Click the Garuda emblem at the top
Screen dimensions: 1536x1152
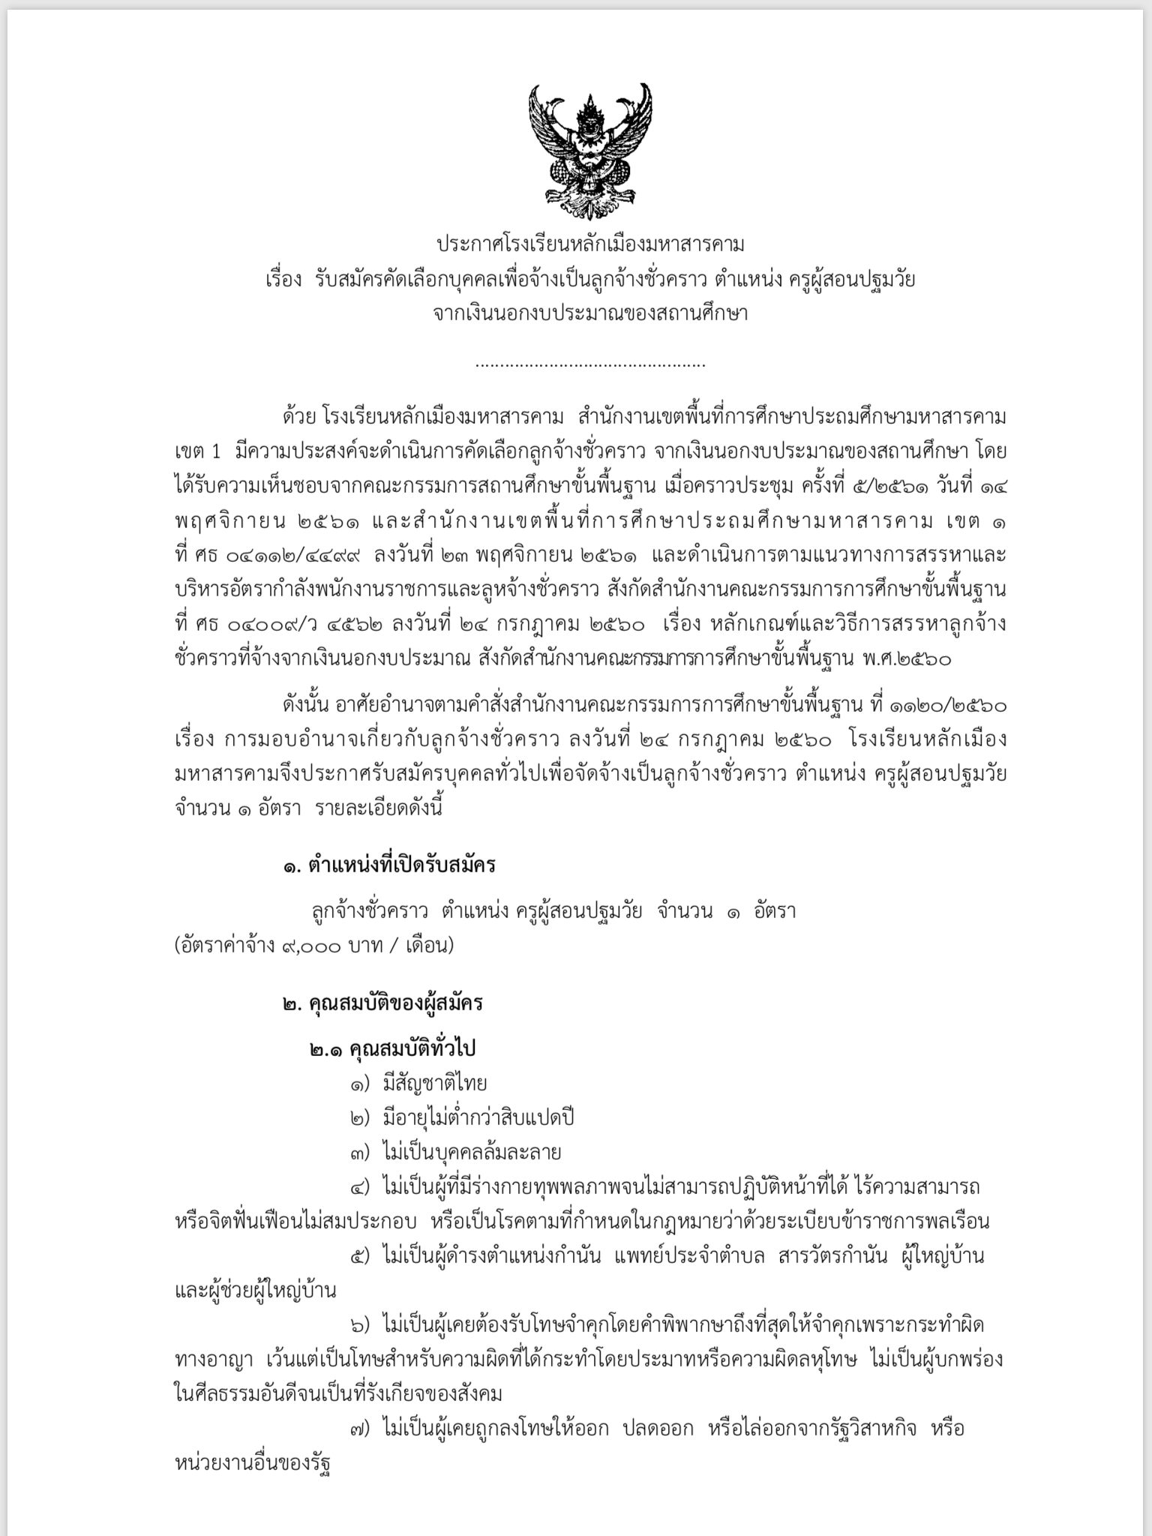[590, 147]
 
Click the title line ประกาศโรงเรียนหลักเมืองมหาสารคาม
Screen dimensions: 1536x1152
[590, 244]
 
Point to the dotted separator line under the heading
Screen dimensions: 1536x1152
[590, 365]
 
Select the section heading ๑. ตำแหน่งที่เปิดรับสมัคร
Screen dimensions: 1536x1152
[389, 865]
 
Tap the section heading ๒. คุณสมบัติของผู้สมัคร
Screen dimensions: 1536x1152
[382, 1003]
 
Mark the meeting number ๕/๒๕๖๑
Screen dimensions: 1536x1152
[882, 487]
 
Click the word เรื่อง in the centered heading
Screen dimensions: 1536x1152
[283, 280]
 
